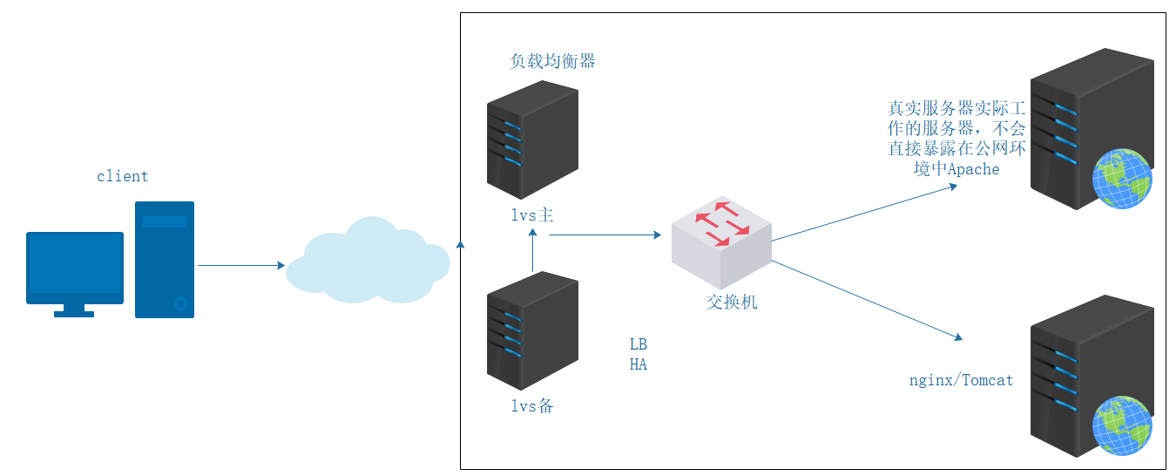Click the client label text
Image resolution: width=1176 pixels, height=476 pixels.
tap(122, 176)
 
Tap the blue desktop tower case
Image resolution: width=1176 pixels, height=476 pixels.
tap(165, 260)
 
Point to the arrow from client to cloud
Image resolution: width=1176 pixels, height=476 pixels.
tap(240, 265)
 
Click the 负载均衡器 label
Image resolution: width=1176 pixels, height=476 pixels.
tap(552, 61)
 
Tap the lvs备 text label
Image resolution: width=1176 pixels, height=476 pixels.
tap(531, 406)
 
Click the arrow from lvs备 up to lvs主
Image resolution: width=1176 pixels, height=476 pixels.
tap(532, 255)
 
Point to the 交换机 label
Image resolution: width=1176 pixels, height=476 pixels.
tap(732, 302)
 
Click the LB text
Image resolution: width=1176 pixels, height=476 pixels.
tap(639, 344)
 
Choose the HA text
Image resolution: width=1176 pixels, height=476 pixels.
tap(639, 364)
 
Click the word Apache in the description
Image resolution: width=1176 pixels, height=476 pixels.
tap(973, 169)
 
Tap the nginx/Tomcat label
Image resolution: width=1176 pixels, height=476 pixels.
tap(961, 380)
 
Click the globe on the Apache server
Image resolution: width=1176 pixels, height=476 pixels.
tap(1124, 179)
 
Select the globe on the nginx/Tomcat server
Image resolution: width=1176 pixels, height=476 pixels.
tap(1124, 425)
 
